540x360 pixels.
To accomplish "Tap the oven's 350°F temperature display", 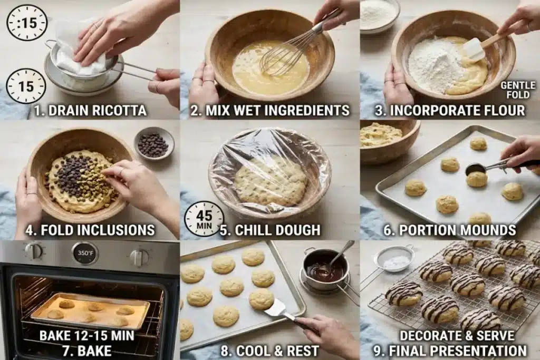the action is [x=85, y=254].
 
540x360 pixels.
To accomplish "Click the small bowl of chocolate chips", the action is [x=154, y=143].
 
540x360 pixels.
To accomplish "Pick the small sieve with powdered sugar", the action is [x=394, y=260].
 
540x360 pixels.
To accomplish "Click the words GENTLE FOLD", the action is [x=518, y=90].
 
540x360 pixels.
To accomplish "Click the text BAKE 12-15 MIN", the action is [x=87, y=335].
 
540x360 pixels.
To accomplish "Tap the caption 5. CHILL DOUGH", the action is [x=270, y=230].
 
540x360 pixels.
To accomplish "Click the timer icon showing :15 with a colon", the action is [x=26, y=23].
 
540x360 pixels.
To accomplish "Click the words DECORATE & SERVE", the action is [x=457, y=335].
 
